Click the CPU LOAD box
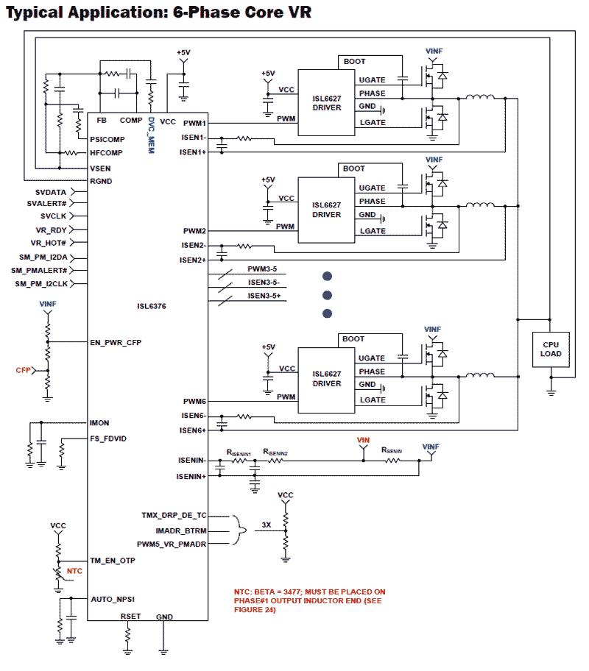point(551,349)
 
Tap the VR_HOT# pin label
point(49,244)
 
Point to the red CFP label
point(24,370)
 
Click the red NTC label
point(74,571)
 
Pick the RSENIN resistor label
point(391,450)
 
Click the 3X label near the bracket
point(267,525)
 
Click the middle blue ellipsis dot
point(328,295)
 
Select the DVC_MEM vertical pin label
point(150,132)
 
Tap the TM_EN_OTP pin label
point(112,561)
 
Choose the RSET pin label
point(130,617)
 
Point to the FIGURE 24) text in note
point(255,610)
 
